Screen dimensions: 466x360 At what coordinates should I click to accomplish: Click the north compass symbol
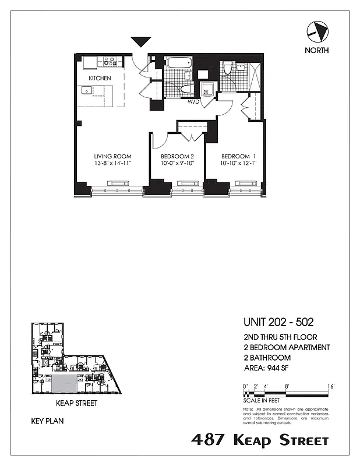[x=316, y=30]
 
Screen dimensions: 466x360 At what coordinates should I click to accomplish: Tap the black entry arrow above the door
[x=140, y=42]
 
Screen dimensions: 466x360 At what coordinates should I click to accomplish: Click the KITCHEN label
[x=100, y=78]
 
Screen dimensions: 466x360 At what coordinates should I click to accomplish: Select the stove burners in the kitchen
[x=110, y=60]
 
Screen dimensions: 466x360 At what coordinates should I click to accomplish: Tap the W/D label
[x=193, y=102]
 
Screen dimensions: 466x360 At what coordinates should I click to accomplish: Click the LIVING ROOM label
[x=113, y=156]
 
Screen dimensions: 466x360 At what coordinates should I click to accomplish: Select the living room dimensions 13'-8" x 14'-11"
[x=113, y=164]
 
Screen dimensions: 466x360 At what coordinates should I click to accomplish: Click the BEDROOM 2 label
[x=177, y=156]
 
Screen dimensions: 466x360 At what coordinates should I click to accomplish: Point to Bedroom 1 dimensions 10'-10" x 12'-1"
[x=238, y=164]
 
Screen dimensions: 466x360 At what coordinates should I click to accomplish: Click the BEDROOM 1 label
[x=238, y=156]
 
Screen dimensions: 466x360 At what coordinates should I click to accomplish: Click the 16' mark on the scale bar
[x=330, y=386]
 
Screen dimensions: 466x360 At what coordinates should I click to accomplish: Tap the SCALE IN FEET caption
[x=262, y=400]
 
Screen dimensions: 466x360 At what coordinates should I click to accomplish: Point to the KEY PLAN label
[x=47, y=420]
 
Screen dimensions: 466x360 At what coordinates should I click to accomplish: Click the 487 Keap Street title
[x=260, y=440]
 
